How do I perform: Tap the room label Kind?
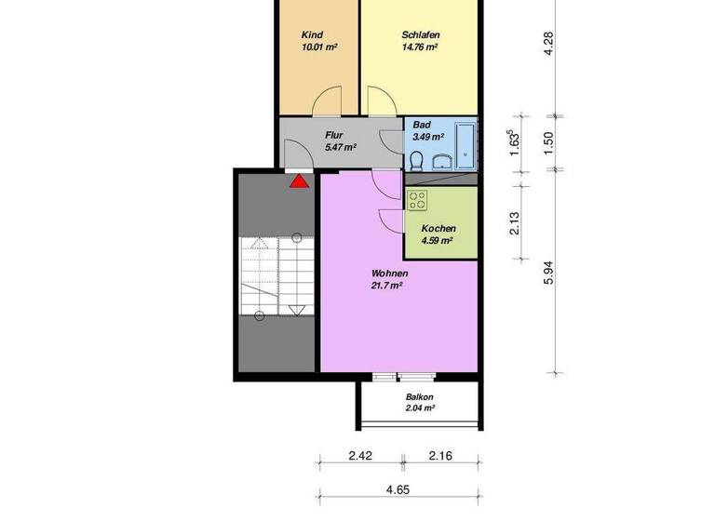click(x=312, y=34)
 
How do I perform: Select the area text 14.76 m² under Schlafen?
click(x=419, y=47)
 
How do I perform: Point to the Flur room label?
click(x=334, y=135)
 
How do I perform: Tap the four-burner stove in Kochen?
click(x=417, y=198)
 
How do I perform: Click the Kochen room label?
click(x=438, y=228)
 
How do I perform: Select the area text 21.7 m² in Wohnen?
click(x=386, y=286)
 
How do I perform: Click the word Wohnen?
click(x=389, y=274)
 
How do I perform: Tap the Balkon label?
click(x=420, y=396)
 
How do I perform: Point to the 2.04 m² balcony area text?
click(x=420, y=407)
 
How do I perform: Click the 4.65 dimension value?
click(x=398, y=489)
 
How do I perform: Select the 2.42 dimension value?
click(x=360, y=456)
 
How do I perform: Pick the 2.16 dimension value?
click(x=440, y=456)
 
